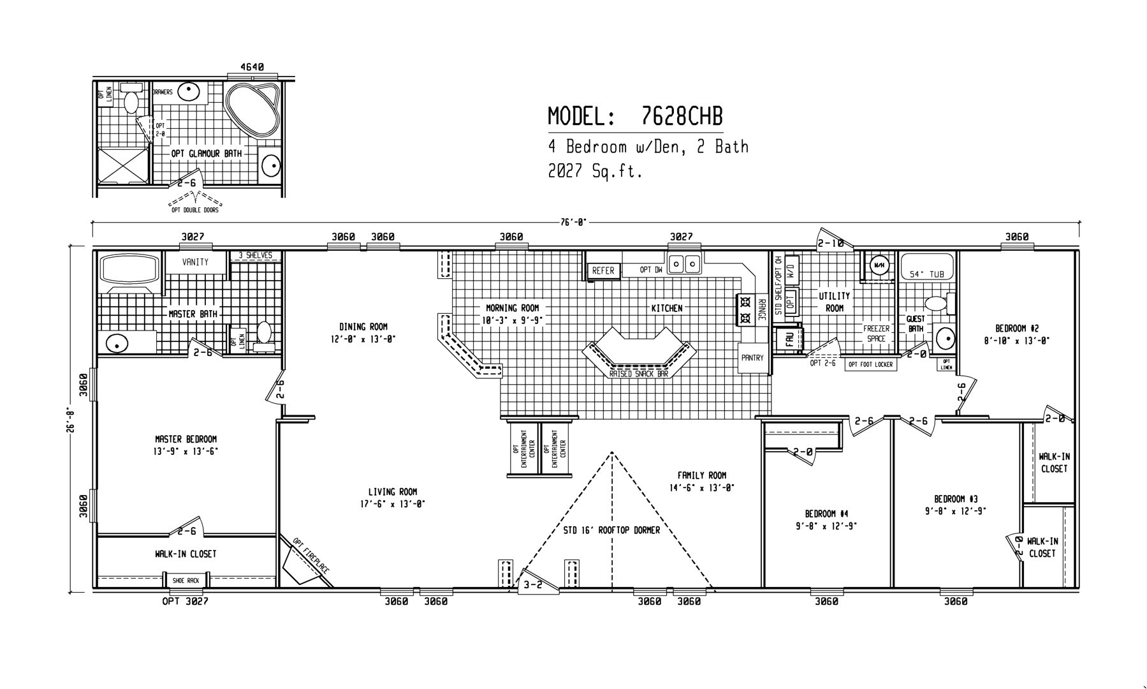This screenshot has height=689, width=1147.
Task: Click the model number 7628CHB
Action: [x=680, y=117]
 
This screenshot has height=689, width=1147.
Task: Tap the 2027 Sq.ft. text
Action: [x=594, y=172]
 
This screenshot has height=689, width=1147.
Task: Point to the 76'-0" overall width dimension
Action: [x=574, y=222]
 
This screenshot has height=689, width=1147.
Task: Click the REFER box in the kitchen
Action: [x=603, y=270]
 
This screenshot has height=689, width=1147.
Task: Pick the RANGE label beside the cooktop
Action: [x=761, y=310]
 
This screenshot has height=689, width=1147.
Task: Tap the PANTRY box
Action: [x=752, y=358]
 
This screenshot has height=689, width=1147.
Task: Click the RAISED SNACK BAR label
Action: [x=638, y=374]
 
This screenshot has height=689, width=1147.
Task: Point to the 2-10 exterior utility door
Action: [x=831, y=243]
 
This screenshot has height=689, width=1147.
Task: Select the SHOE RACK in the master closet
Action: [x=186, y=581]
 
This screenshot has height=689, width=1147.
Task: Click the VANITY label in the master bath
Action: [x=195, y=262]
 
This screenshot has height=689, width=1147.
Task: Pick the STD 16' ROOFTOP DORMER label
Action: [x=611, y=530]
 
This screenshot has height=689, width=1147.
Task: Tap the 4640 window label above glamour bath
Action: [x=252, y=66]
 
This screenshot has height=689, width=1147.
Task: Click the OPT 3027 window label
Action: [x=185, y=601]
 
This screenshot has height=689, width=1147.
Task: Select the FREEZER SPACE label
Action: [x=876, y=334]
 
